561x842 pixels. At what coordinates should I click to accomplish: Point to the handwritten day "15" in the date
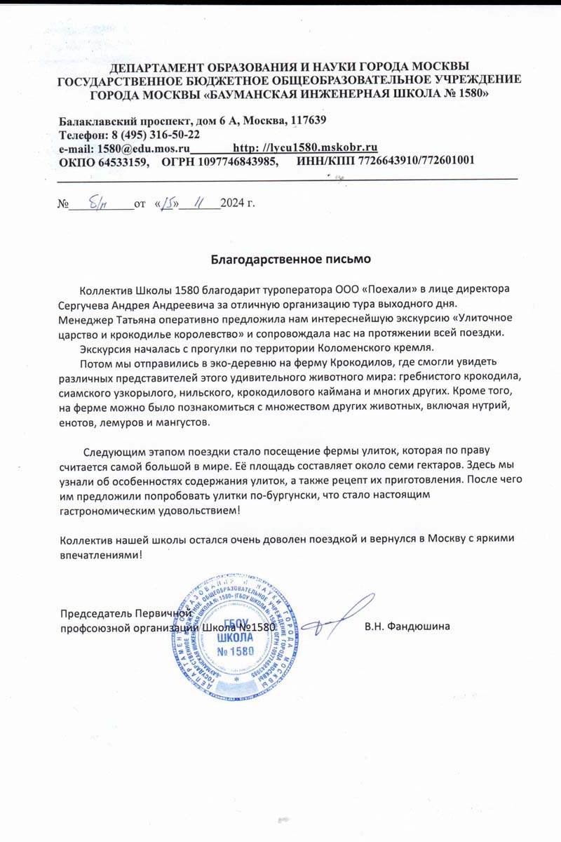pos(168,203)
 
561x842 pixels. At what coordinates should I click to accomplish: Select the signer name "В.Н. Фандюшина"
pos(407,626)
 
